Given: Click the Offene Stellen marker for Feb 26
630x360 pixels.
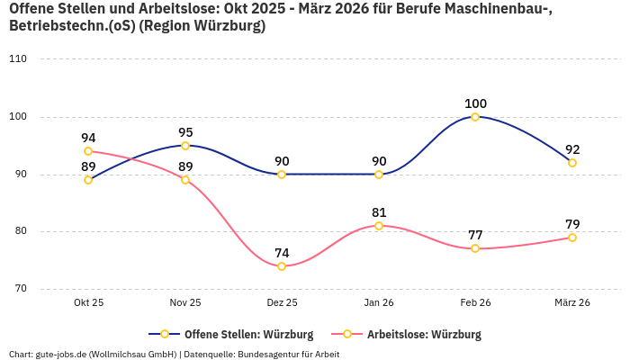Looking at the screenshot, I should pyautogui.click(x=475, y=117).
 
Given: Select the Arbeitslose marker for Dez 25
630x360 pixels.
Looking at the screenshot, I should pyautogui.click(x=282, y=266).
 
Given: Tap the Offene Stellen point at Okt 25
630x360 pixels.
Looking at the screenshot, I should pyautogui.click(x=88, y=180).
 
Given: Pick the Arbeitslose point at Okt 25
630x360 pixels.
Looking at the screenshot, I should pyautogui.click(x=88, y=151).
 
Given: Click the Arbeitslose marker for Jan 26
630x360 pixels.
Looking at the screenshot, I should pyautogui.click(x=379, y=226).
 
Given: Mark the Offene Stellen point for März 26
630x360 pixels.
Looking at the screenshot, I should pyautogui.click(x=572, y=163).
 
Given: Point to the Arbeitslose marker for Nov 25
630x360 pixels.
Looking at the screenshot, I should pyautogui.click(x=185, y=180).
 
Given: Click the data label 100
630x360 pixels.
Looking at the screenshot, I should pyautogui.click(x=475, y=103).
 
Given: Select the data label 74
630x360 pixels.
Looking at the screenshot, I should pyautogui.click(x=282, y=253).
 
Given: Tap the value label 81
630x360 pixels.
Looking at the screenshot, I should pyautogui.click(x=379, y=212).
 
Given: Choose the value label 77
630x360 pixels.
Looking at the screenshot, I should pyautogui.click(x=475, y=236).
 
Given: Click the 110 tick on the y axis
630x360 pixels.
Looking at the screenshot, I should pyautogui.click(x=18, y=59).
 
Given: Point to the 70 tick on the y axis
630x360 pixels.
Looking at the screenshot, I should pyautogui.click(x=20, y=289).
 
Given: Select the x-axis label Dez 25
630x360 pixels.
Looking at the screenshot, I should pyautogui.click(x=282, y=303).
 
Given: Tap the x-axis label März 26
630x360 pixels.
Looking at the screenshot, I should pyautogui.click(x=572, y=303).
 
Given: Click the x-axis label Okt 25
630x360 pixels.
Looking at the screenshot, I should pyautogui.click(x=88, y=303).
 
